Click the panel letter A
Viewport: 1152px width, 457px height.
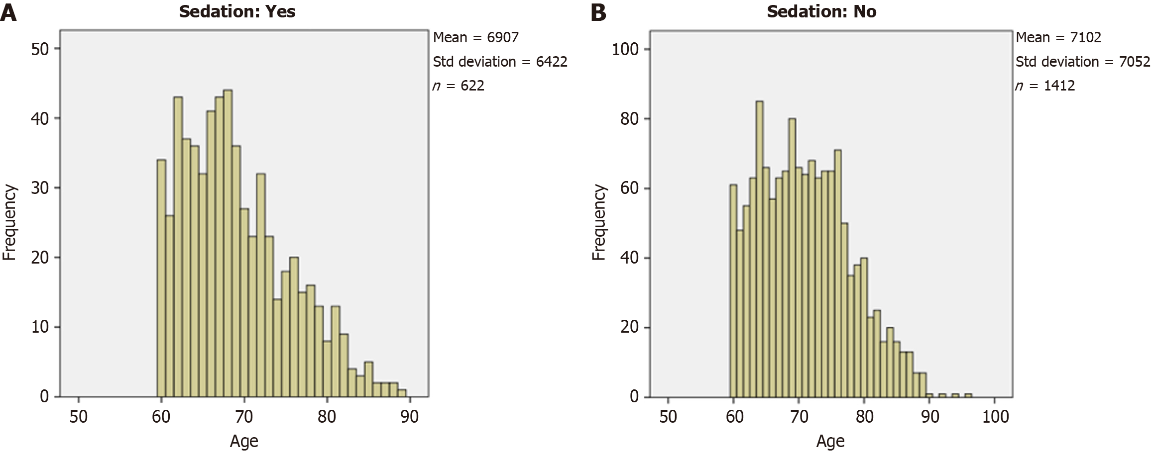click(8, 12)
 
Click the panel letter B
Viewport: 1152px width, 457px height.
click(598, 12)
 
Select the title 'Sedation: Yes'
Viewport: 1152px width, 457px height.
click(237, 11)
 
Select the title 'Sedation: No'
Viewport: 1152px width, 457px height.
click(821, 11)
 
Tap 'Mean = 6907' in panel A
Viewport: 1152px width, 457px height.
click(475, 37)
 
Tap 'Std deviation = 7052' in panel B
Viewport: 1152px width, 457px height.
click(1083, 62)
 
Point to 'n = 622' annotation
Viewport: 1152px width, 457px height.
click(458, 86)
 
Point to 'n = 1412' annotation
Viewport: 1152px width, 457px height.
click(1045, 86)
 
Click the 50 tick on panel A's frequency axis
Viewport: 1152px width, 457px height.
click(39, 49)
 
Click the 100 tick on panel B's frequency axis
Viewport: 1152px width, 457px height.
click(625, 49)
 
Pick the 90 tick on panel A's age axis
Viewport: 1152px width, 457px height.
click(409, 416)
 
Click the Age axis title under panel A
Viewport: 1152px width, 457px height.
click(244, 441)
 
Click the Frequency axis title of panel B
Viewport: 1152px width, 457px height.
click(599, 222)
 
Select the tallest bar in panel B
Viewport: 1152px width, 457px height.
click(759, 249)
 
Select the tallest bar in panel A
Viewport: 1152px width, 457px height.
click(228, 244)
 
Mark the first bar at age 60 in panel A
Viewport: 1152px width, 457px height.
click(161, 278)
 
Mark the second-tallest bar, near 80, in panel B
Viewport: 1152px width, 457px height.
click(792, 258)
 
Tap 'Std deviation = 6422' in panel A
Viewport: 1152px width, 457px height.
click(500, 62)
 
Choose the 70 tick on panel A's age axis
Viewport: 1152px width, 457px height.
click(244, 416)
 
